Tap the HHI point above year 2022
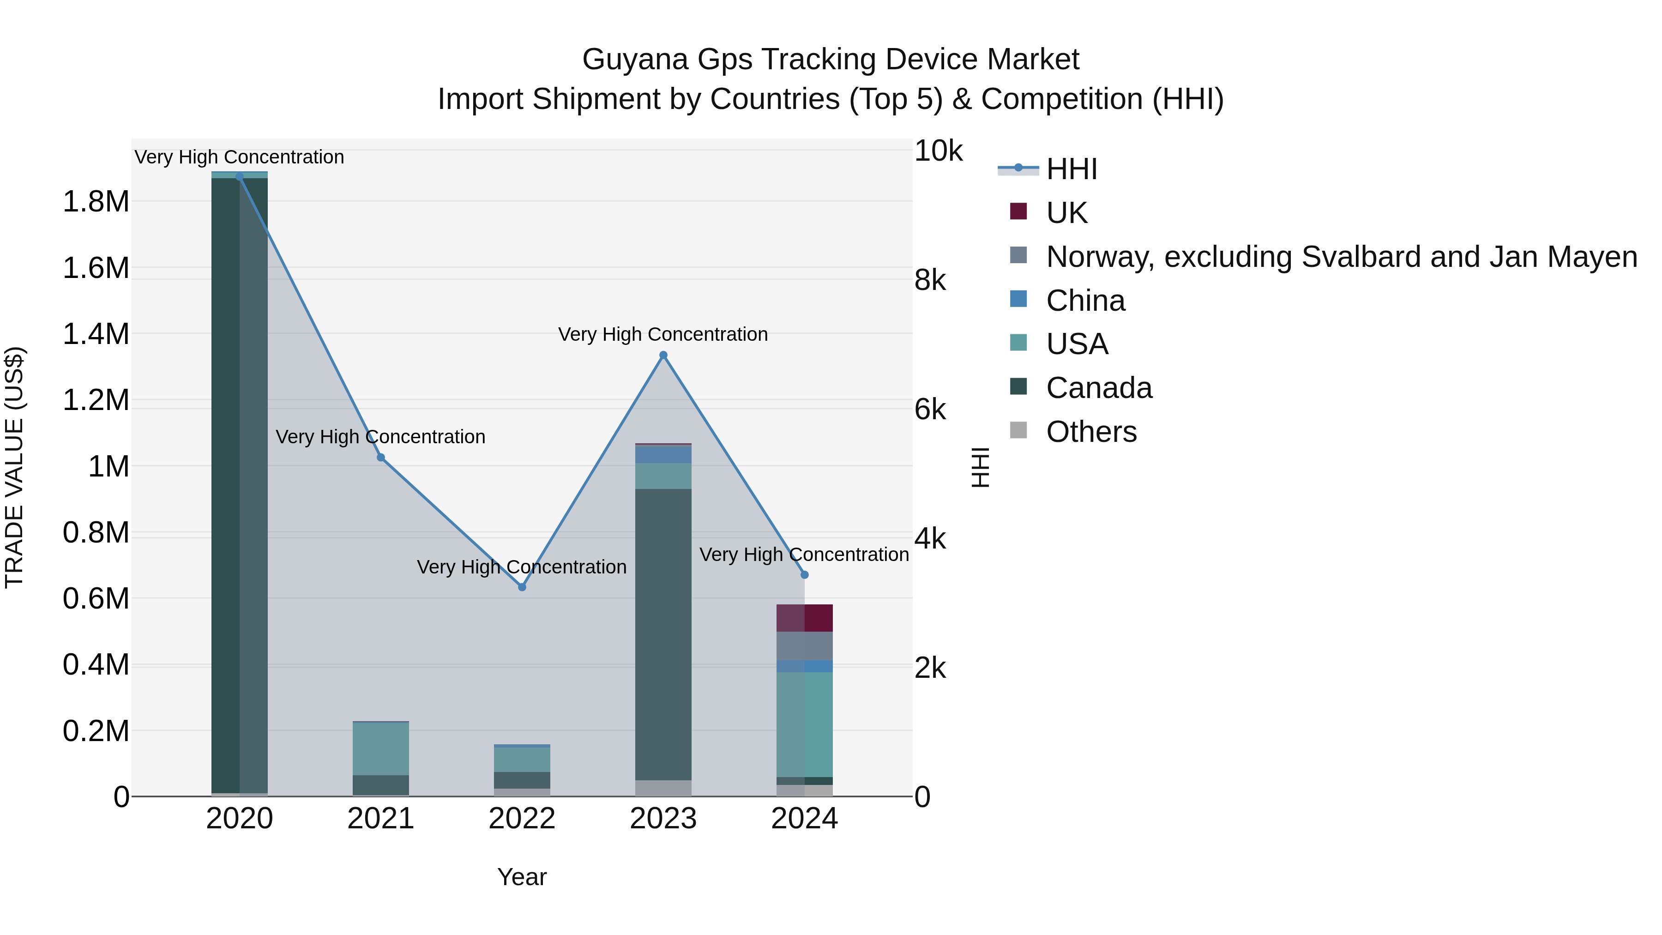pos(522,587)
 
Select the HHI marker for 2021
pos(381,458)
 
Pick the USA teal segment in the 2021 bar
pos(381,748)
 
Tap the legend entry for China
pos(1085,301)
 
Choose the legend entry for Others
pos(1091,432)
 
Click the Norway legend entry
pos(1341,257)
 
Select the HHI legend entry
pos(1071,169)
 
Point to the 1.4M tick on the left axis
pos(96,334)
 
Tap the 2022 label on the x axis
pos(522,819)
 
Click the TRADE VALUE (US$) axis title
pos(14,467)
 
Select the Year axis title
pos(522,877)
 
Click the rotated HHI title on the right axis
pos(980,467)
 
